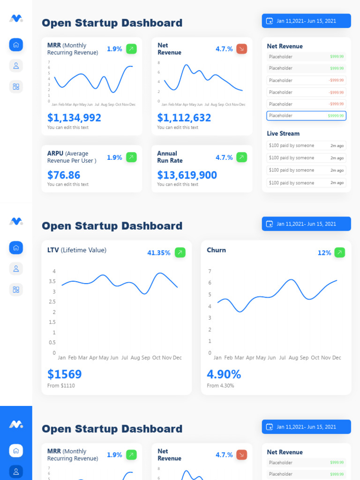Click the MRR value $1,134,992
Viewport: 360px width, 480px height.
tap(74, 118)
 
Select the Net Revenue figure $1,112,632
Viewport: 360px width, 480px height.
tap(184, 118)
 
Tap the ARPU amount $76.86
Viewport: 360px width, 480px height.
tap(64, 175)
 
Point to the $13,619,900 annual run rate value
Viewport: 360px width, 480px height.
tap(187, 175)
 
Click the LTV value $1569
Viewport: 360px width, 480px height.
tap(65, 374)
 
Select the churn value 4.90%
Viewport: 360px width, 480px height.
tap(224, 374)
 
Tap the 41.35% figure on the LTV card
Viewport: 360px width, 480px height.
tap(159, 253)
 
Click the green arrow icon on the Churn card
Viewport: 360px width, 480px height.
tap(340, 253)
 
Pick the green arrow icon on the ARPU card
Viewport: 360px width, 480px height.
tap(131, 157)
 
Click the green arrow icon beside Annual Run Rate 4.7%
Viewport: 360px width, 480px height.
tap(241, 157)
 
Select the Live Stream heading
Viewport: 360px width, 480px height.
tap(283, 134)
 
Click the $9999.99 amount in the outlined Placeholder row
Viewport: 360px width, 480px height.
tap(336, 116)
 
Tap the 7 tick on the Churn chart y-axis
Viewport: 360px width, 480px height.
tap(210, 271)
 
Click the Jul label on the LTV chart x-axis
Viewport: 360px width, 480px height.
tap(125, 358)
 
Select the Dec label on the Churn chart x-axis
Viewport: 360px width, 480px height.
tap(337, 358)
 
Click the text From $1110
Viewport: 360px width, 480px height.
tap(61, 386)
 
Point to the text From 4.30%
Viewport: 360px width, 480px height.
tap(220, 386)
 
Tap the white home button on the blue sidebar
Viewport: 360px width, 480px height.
tap(16, 451)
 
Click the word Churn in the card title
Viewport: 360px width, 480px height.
tap(216, 250)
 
